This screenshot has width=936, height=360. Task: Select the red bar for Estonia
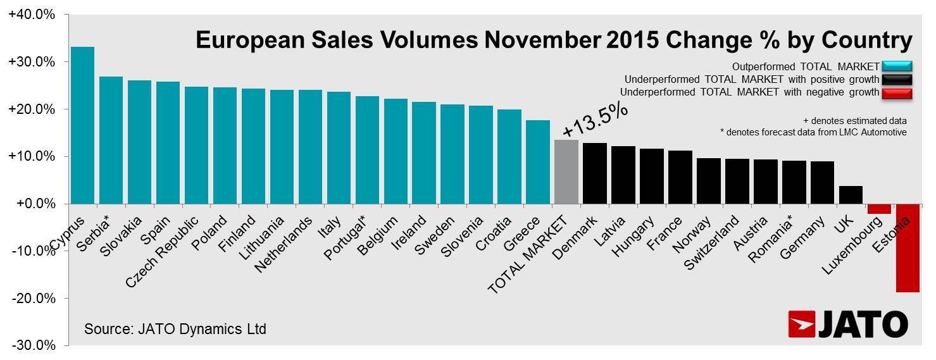click(907, 247)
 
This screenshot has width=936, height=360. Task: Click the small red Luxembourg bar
click(878, 209)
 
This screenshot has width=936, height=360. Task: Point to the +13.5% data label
click(595, 120)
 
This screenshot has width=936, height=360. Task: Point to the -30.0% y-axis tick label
click(31, 345)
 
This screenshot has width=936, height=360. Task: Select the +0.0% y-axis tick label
click(31, 204)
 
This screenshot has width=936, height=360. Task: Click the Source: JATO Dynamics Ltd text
click(175, 329)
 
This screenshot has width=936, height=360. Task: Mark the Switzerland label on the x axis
click(711, 243)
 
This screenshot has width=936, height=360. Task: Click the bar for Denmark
click(594, 173)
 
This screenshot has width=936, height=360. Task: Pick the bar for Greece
click(537, 162)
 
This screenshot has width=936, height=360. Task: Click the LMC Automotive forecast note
click(813, 132)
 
